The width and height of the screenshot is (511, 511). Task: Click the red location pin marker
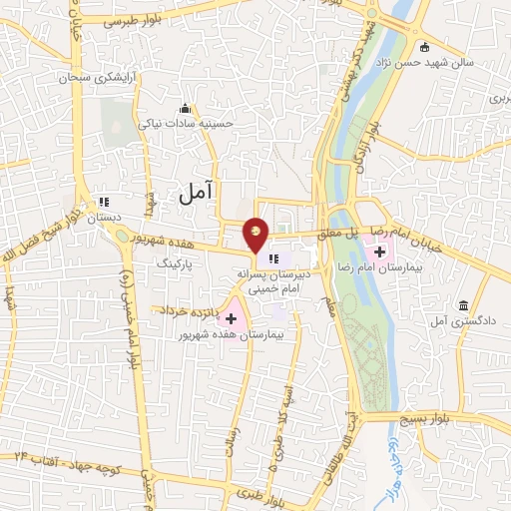(x=256, y=233)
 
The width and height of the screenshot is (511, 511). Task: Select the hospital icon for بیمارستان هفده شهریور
(x=232, y=319)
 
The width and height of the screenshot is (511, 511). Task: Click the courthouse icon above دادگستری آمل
(x=463, y=304)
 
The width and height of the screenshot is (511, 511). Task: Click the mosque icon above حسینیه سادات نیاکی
(x=183, y=108)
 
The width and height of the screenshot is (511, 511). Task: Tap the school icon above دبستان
(x=103, y=202)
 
